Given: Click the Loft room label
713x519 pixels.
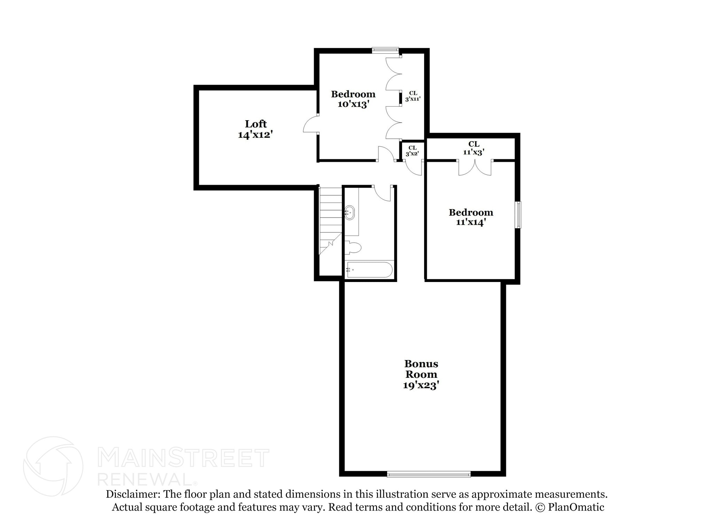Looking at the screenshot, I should (256, 124).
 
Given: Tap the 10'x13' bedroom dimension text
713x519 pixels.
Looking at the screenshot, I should (353, 104).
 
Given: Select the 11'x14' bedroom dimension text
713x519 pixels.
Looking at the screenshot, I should (471, 222).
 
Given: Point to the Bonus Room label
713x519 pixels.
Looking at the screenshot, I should (421, 369).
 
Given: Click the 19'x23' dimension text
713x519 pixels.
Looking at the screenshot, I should (421, 386).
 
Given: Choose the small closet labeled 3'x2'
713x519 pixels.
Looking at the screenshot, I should (412, 151).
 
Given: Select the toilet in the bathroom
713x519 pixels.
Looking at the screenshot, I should (353, 248).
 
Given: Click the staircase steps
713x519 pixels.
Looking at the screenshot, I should (331, 216).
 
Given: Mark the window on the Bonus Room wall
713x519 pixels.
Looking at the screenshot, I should (429, 474).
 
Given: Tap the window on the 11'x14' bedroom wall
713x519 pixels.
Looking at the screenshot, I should (518, 215).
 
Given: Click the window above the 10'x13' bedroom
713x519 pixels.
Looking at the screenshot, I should (385, 50).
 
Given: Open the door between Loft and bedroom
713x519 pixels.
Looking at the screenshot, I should (311, 124).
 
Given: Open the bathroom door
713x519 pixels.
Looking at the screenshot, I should (383, 193).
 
